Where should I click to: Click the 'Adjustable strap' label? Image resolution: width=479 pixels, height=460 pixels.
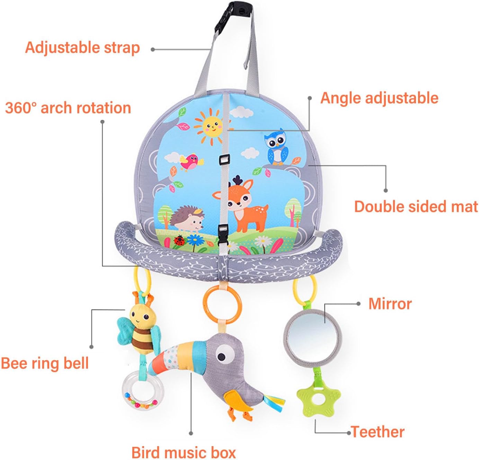82,48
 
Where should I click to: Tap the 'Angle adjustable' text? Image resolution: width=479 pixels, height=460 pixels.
379,98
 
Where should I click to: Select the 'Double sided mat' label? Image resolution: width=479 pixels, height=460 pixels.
416,206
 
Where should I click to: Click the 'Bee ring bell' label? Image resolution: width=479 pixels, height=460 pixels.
45,363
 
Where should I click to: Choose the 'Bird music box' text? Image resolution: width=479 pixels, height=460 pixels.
184,452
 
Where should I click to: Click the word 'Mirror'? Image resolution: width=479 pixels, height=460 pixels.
390,304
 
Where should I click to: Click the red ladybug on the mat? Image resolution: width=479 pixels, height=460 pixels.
179,240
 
